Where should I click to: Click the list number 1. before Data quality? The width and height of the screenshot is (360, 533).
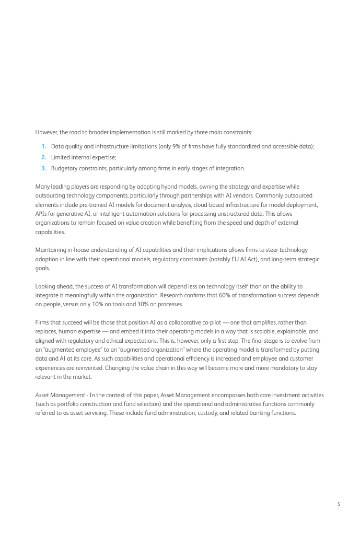pos(44,146)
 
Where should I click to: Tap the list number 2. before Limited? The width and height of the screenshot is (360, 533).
pos(44,157)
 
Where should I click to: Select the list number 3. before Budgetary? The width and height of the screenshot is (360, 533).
pos(44,168)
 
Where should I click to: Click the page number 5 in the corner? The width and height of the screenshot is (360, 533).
pos(339,504)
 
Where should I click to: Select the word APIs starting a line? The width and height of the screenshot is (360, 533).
pos(41,215)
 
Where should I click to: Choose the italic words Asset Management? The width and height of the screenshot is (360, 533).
pos(59,395)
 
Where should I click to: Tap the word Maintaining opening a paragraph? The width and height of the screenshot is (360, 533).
pos(51,251)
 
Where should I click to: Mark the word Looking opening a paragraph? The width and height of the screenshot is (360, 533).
pos(46,286)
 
